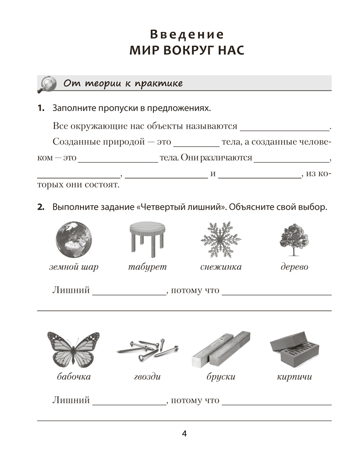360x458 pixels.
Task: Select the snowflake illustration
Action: pos(221,240)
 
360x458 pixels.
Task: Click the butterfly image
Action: pos(73,349)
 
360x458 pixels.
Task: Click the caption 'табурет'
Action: pos(147,267)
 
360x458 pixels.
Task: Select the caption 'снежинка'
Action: pos(221,267)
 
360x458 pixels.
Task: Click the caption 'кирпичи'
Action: pos(295,377)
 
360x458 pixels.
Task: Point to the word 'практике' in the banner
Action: pos(159,83)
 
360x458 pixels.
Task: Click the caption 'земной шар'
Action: pos(74,267)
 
